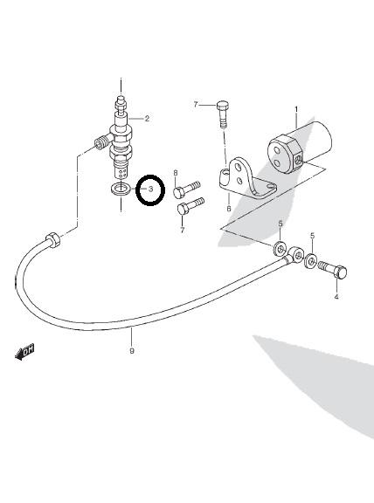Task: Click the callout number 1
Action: click(296, 110)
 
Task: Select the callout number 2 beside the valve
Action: click(147, 119)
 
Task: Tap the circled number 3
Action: click(150, 189)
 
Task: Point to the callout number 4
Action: click(336, 297)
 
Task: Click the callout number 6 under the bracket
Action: click(229, 209)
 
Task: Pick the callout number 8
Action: click(176, 173)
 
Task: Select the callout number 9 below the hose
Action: click(132, 351)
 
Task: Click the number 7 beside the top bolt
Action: click(196, 105)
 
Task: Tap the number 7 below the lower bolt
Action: click(183, 230)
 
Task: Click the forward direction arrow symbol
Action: click(24, 352)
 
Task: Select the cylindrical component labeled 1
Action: click(299, 148)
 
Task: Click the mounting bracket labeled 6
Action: click(246, 179)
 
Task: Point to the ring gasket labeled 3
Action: click(120, 188)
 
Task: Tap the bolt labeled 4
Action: click(332, 270)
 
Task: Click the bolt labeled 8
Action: click(187, 189)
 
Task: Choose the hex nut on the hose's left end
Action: click(53, 240)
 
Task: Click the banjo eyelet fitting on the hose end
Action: click(294, 255)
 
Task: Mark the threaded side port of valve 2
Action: click(102, 142)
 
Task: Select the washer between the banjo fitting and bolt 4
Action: click(311, 260)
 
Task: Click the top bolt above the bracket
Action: click(223, 114)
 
